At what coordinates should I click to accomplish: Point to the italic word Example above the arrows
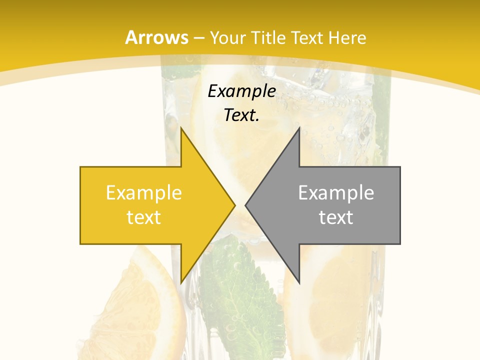pyautogui.click(x=242, y=91)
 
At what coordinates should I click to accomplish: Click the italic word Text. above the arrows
pyautogui.click(x=242, y=115)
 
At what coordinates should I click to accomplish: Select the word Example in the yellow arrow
pyautogui.click(x=144, y=192)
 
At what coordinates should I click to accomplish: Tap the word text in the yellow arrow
pyautogui.click(x=144, y=217)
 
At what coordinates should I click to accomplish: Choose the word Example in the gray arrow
pyautogui.click(x=336, y=192)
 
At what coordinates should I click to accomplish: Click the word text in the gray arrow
pyautogui.click(x=336, y=217)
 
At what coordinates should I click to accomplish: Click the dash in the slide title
pyautogui.click(x=198, y=37)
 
